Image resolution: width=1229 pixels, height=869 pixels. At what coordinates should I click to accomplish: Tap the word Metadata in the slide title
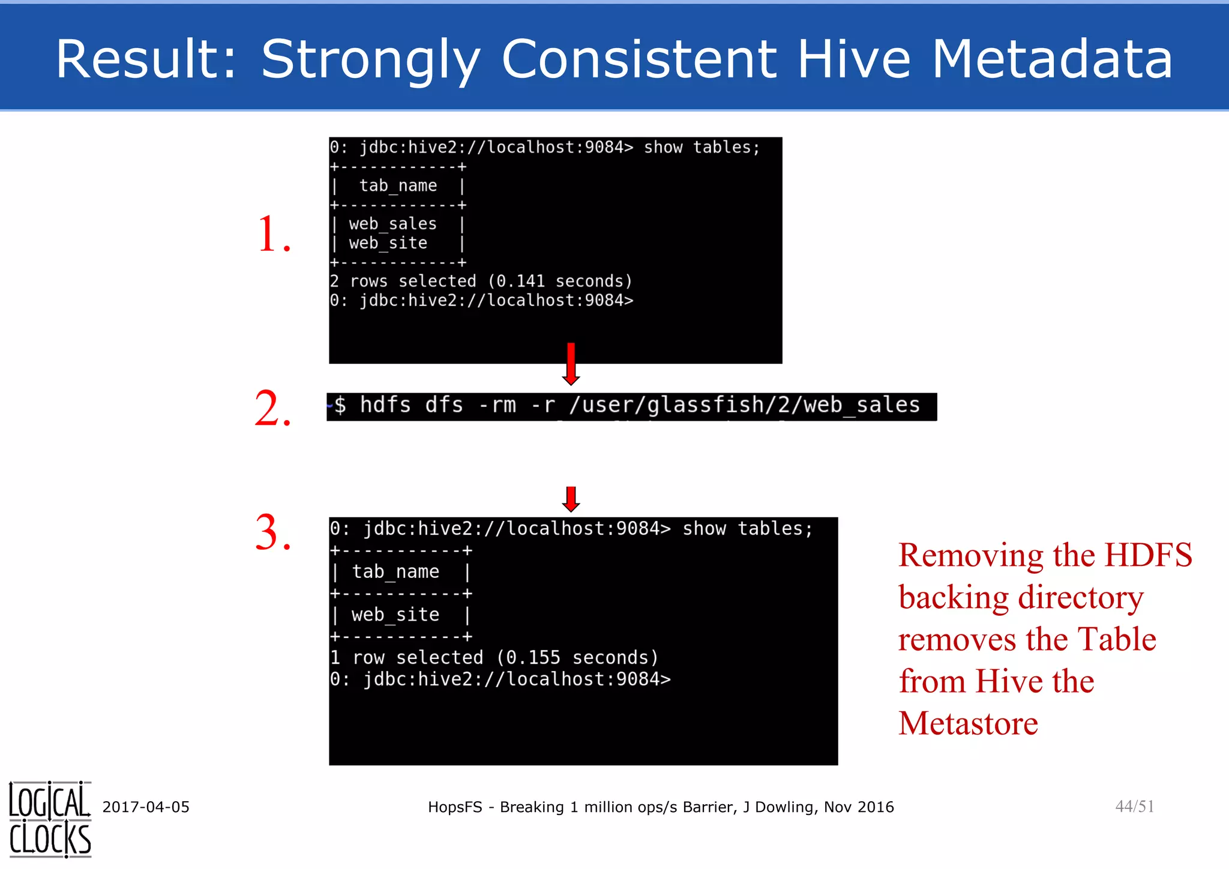[x=1052, y=59]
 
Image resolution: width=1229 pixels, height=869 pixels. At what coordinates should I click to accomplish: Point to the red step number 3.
[x=273, y=532]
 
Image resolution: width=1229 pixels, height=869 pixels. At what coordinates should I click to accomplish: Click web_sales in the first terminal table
[x=392, y=224]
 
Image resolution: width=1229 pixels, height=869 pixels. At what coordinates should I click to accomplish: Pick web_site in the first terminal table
[x=388, y=243]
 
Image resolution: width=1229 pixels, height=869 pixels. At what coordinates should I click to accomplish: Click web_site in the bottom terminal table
[x=395, y=615]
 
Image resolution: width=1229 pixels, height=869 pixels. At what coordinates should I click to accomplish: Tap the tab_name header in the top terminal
[x=398, y=185]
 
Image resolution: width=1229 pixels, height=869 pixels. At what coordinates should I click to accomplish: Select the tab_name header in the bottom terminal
[x=395, y=571]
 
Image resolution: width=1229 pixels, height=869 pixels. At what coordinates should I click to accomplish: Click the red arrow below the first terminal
[x=571, y=364]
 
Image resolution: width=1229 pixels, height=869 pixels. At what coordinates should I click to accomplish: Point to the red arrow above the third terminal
[x=571, y=499]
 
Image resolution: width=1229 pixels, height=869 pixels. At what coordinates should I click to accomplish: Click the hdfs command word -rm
[x=497, y=405]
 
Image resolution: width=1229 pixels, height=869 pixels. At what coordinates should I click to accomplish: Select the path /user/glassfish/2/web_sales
[x=744, y=405]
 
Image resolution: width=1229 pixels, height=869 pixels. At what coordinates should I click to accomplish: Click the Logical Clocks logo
[x=50, y=819]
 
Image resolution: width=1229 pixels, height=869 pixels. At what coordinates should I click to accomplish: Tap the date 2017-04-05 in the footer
[x=146, y=807]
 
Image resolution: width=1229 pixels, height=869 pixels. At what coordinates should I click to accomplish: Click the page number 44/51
[x=1134, y=806]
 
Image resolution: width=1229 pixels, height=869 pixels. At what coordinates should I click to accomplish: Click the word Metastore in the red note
[x=968, y=723]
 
